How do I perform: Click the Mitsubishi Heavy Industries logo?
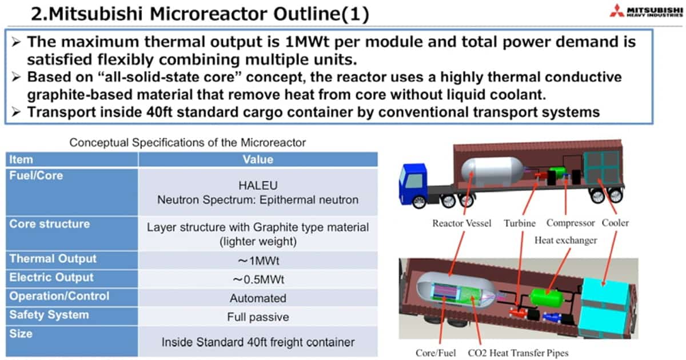point(646,11)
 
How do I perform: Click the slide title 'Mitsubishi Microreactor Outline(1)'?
point(208,14)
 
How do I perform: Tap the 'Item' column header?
point(21,159)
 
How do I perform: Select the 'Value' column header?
point(258,159)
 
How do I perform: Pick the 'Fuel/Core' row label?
point(36,176)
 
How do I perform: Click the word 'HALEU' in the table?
point(258,186)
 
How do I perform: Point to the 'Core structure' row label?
point(50,224)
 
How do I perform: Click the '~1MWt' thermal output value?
point(258,261)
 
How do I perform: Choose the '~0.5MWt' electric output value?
point(258,279)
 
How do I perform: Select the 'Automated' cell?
point(258,298)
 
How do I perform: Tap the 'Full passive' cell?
point(258,317)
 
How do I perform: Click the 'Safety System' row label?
point(49,315)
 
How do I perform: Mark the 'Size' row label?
point(21,333)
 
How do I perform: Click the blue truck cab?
point(413,184)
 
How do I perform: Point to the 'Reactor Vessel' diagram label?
point(461,223)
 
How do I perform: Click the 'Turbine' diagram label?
point(520,223)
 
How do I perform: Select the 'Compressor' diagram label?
point(571,223)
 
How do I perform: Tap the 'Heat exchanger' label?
point(565,241)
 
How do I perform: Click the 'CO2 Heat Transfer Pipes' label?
point(518,353)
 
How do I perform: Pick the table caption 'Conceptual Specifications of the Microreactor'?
point(188,143)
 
